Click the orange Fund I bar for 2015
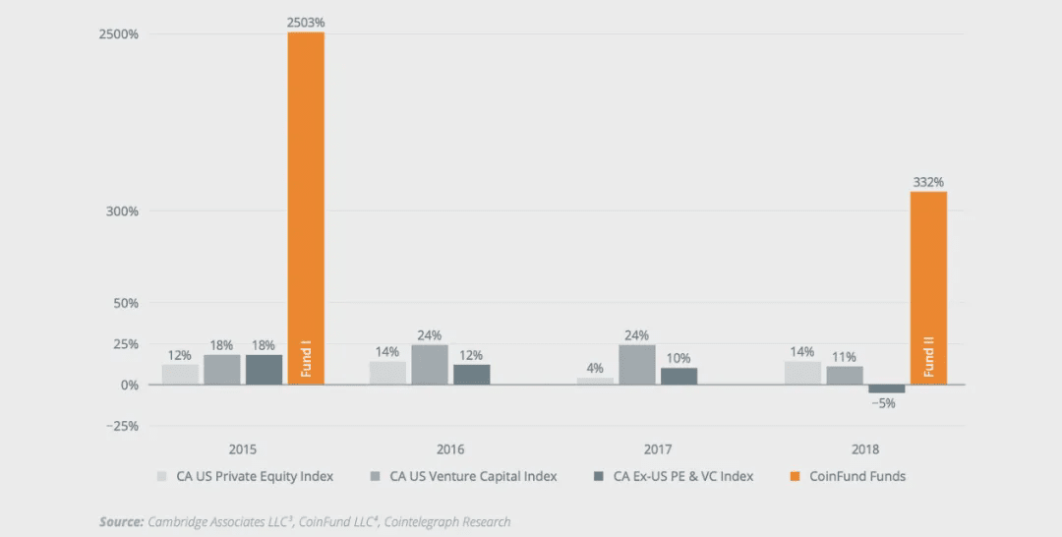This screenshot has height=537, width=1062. click(306, 208)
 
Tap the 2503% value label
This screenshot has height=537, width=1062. click(306, 22)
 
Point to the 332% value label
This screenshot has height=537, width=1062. click(928, 182)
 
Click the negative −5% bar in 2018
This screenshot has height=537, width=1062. click(886, 389)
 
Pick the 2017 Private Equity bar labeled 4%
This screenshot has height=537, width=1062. click(595, 381)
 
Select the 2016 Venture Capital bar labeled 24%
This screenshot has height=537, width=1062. click(430, 365)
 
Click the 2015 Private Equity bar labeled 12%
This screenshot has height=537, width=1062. click(180, 375)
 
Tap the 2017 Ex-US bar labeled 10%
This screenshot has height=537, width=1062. click(678, 376)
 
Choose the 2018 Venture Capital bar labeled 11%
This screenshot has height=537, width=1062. click(845, 375)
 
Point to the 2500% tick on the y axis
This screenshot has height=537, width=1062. click(119, 34)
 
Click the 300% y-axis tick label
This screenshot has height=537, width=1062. click(122, 211)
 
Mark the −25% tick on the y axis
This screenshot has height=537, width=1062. click(122, 426)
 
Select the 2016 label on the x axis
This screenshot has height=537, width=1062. click(450, 449)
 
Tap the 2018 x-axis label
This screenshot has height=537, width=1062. click(865, 449)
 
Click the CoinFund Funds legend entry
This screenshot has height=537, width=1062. click(856, 476)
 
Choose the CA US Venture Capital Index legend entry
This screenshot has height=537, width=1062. click(472, 476)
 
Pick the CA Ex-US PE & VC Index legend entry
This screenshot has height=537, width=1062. click(682, 476)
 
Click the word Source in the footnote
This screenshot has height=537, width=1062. click(120, 521)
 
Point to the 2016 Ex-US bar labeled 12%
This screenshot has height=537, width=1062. click(471, 375)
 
